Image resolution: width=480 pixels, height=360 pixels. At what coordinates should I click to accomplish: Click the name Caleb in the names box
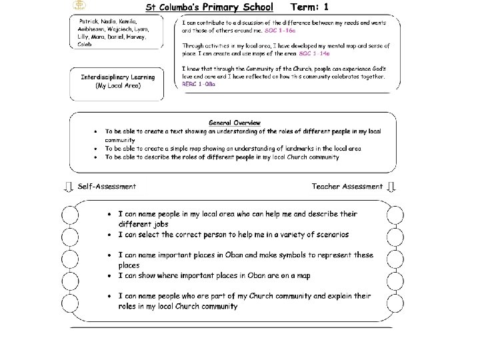click(x=85, y=44)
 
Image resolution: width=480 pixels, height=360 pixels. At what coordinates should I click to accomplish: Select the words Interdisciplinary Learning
click(x=117, y=77)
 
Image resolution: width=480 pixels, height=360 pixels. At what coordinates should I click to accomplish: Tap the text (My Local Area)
click(x=117, y=86)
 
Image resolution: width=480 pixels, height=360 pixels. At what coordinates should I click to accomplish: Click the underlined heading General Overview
click(x=234, y=123)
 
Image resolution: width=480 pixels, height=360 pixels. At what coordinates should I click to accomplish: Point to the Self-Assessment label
click(x=107, y=187)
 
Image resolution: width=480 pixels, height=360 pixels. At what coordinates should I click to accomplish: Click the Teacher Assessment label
click(x=347, y=187)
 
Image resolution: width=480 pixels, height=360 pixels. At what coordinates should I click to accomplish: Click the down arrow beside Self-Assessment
click(x=69, y=187)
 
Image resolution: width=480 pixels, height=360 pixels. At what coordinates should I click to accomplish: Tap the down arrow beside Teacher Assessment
click(x=393, y=187)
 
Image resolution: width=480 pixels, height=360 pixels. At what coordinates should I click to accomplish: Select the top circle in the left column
click(x=69, y=215)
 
